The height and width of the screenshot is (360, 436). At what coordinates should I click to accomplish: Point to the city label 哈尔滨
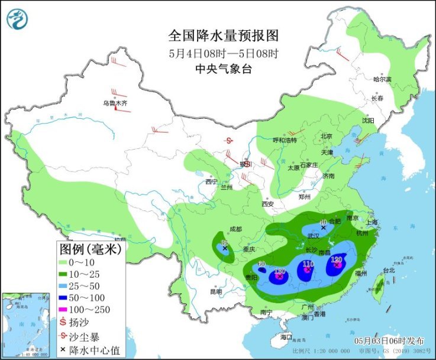[x=382, y=79]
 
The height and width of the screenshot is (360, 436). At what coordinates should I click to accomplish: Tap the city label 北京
[x=326, y=136]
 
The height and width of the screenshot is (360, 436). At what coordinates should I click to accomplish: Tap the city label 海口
[x=286, y=337]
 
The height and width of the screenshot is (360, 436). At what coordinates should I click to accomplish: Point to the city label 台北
[x=389, y=271]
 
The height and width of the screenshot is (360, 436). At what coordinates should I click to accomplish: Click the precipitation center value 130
[x=280, y=271]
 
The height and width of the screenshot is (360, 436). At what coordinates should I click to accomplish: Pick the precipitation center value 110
[x=308, y=264]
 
